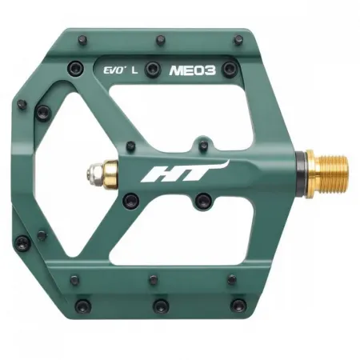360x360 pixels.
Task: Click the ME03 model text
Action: click(192, 70)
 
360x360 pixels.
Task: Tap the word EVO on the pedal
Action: click(113, 69)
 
